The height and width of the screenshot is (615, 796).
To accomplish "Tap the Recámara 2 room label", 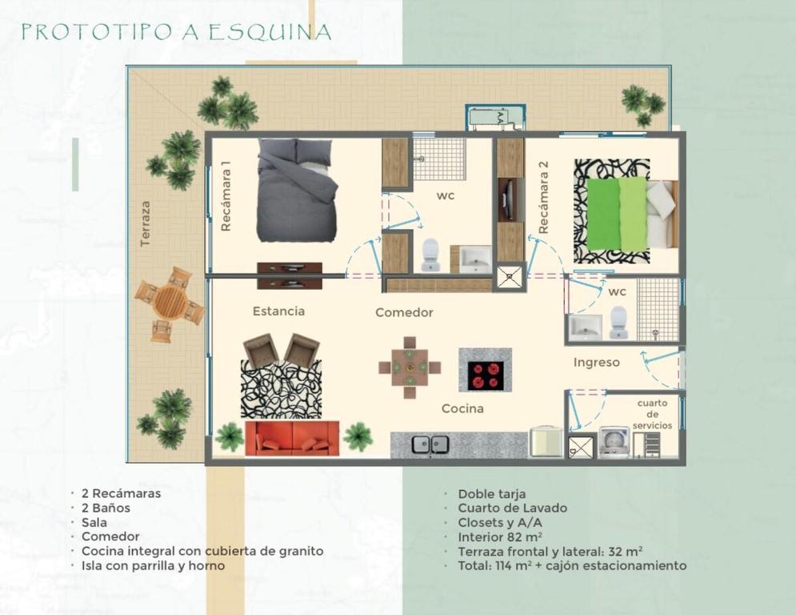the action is pos(543,198).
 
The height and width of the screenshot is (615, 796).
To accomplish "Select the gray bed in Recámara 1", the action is pos(297,190).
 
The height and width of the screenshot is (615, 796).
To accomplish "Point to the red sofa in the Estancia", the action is pos(293,438).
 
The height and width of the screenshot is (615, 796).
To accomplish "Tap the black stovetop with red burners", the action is pos(486,376).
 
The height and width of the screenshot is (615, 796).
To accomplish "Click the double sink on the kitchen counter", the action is pos(430,444).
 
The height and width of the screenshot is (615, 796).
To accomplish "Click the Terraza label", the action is pos(146,224).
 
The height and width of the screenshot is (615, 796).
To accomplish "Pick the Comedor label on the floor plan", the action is pos(404,312).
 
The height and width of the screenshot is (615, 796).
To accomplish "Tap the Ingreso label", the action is pos(597,363).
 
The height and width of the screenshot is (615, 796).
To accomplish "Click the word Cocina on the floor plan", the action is pos(462,408).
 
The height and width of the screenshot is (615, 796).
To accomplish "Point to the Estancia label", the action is pos(278,311).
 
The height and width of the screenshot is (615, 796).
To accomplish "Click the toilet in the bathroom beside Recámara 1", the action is pos(430,255).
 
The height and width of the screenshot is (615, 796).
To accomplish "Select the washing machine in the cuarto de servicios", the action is pos(614,442).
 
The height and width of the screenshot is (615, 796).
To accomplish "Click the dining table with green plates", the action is pos(410,367).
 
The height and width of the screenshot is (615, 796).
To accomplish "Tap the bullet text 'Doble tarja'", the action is pos(492,494).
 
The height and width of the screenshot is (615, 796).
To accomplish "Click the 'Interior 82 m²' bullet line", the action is pos(500,537).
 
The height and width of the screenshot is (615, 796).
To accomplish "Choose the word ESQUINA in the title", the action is pos(270,33).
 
